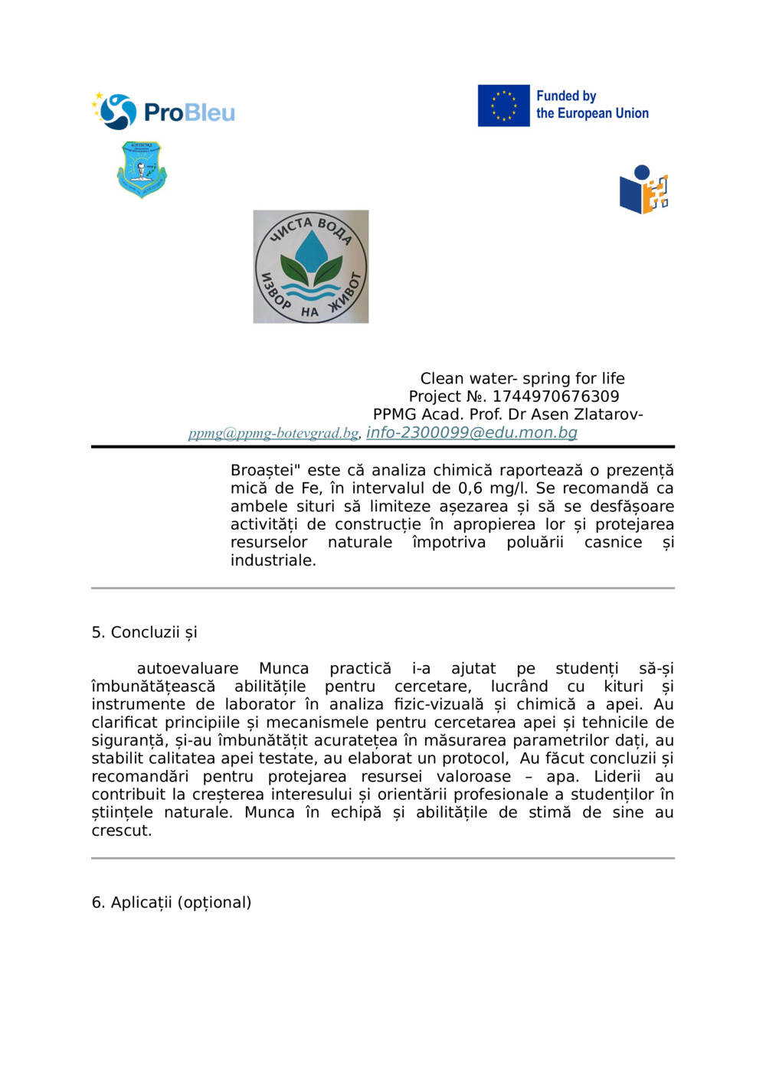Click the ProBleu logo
(163, 112)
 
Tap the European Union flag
(503, 106)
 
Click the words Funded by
(566, 96)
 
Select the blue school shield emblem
(142, 169)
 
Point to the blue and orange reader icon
(643, 190)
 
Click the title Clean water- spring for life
(522, 379)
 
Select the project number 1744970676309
(555, 396)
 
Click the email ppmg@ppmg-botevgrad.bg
(273, 433)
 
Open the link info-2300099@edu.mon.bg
(472, 432)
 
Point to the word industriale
(273, 560)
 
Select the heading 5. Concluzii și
(144, 632)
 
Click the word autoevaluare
(188, 669)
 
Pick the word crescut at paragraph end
(121, 831)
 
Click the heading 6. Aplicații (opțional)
(172, 903)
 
